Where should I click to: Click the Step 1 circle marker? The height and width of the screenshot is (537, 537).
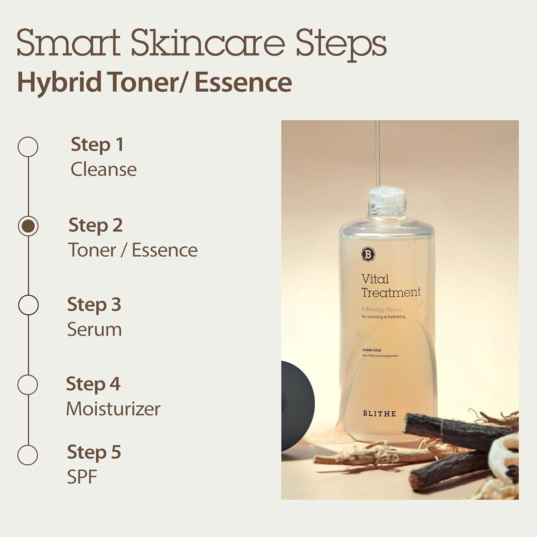pos(28,147)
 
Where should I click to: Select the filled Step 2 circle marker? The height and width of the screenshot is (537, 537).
pos(28,226)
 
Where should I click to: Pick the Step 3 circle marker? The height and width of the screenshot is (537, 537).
pos(28,305)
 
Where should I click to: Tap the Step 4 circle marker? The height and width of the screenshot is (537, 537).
pos(28,384)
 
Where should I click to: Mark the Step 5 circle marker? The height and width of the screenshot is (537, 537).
pos(28,455)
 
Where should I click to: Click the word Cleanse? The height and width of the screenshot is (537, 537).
pos(103,169)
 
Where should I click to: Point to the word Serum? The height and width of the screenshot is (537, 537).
pos(95,329)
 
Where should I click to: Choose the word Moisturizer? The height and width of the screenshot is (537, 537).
pos(113,409)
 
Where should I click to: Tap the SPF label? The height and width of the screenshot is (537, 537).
pos(82,477)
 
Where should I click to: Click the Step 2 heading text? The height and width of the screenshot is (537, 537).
pos(96,225)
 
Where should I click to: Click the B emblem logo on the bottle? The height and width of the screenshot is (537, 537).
pos(368,254)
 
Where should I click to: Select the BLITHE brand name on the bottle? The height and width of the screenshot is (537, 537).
pos(379,413)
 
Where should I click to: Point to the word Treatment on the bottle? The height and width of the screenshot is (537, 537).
pos(391,292)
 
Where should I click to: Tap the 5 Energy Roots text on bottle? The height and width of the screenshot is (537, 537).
pos(382,309)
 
